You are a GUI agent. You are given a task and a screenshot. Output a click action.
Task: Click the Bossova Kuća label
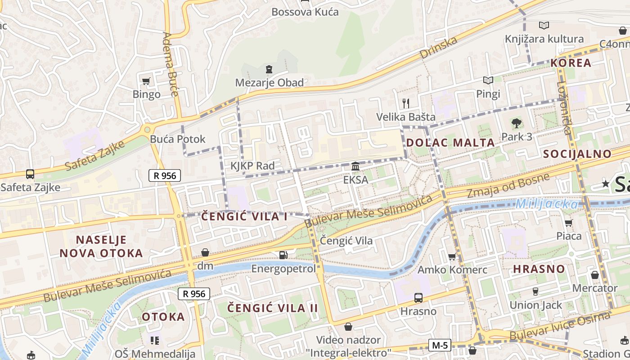point(305,12)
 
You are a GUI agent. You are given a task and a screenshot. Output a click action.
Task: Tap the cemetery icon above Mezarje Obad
point(269,69)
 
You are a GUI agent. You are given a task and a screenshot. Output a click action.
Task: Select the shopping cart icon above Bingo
point(146,81)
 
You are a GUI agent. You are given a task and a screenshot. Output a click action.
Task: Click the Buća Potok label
point(178,139)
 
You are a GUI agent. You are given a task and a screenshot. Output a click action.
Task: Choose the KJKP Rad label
point(252,166)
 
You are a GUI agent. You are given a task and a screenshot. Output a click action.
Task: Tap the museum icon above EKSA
point(355,166)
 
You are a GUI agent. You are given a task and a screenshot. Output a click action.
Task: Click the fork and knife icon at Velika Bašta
point(406,103)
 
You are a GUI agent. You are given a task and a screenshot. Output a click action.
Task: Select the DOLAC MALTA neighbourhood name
point(450,143)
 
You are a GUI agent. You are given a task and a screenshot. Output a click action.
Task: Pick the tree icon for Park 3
point(516,123)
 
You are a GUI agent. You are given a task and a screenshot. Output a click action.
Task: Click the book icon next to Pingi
point(488,81)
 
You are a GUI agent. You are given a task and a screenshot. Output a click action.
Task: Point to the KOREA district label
point(571,63)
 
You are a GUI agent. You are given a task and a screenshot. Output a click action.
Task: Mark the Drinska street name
point(438,47)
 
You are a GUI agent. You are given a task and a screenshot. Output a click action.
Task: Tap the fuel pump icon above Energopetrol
point(283,255)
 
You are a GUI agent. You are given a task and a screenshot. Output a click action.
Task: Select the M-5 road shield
point(439,345)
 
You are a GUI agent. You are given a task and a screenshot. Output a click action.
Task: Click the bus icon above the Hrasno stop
point(418,297)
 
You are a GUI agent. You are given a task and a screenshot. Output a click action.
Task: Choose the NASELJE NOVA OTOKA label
point(101,246)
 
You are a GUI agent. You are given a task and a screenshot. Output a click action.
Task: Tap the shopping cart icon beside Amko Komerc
point(452,256)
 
